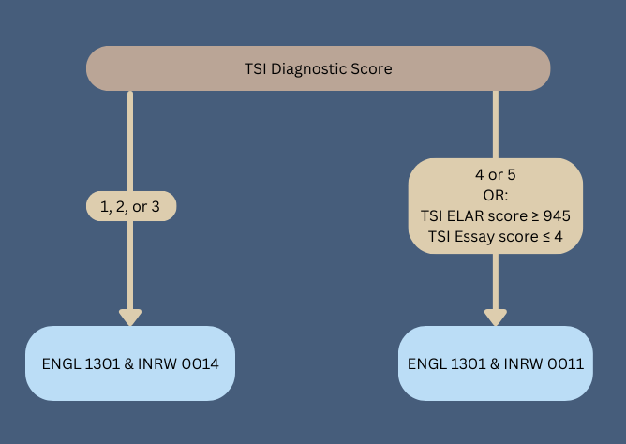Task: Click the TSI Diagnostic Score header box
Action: (x=318, y=69)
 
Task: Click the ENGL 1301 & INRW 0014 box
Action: (x=130, y=363)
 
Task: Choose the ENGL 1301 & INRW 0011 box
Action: (x=496, y=363)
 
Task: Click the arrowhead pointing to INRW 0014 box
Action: (x=130, y=317)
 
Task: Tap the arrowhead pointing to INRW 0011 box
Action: (x=496, y=317)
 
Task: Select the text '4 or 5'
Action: (x=496, y=175)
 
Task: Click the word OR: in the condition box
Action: (x=496, y=196)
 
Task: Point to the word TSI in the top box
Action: (x=257, y=69)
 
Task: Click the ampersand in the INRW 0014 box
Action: (x=128, y=363)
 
